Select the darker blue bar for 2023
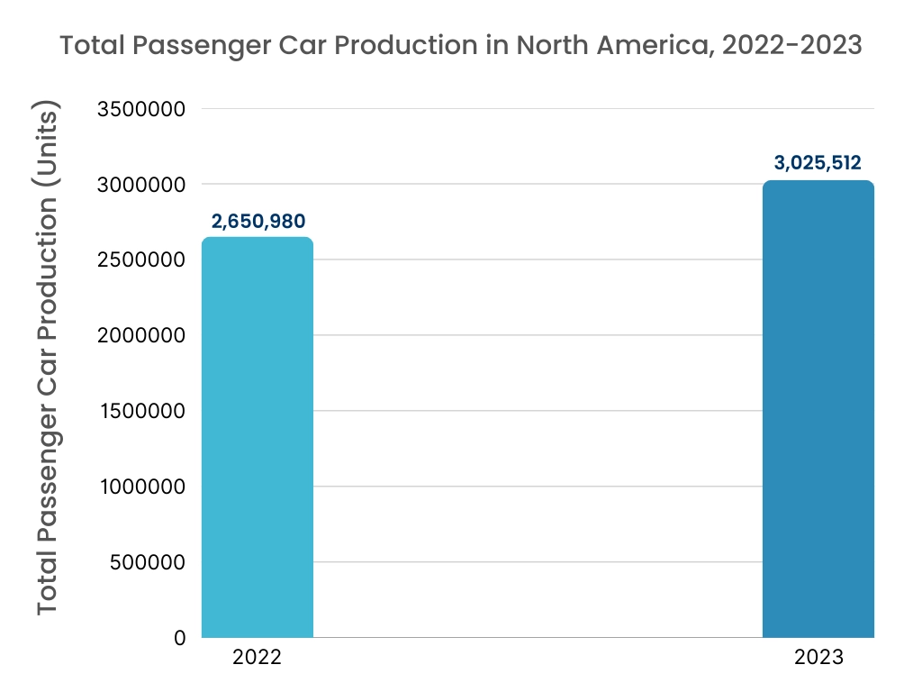[818, 409]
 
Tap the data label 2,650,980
[258, 221]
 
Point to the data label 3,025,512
[818, 163]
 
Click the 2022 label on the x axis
[258, 658]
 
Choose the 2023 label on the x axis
[818, 658]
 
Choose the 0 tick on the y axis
[180, 638]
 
